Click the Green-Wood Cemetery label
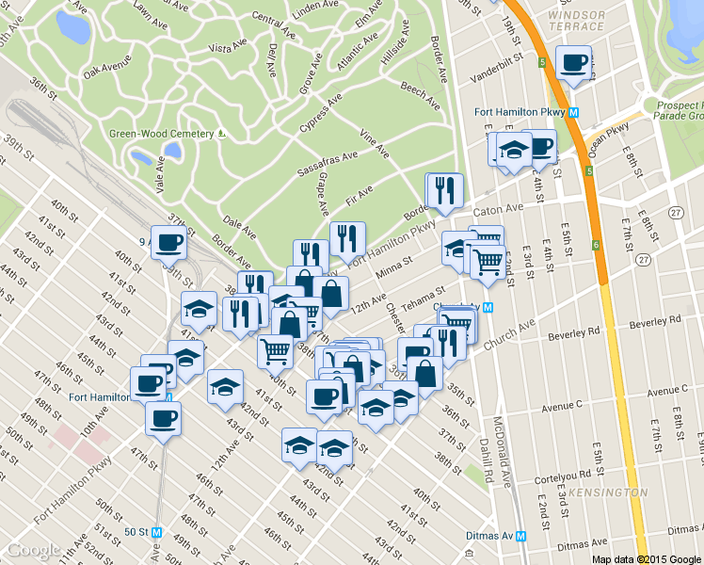(162, 134)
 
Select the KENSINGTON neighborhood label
(616, 492)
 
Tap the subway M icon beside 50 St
(157, 531)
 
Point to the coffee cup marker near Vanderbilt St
(573, 63)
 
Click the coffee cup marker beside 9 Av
(168, 242)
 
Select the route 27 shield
(675, 213)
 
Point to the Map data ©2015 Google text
(648, 558)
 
